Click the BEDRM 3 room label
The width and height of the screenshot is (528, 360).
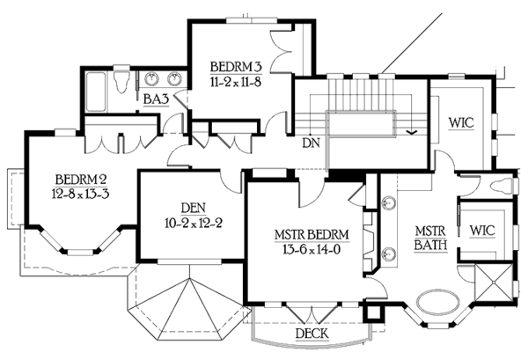point(236,67)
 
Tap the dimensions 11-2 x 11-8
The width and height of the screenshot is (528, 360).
point(236,82)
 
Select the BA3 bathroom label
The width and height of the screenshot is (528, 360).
point(156,99)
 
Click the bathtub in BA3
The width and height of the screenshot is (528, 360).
point(96,92)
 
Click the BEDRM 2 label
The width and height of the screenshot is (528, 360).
point(81,179)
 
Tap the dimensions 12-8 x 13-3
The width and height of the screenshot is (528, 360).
point(80,194)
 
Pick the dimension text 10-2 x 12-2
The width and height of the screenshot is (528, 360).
point(194,223)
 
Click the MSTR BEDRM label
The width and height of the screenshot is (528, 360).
point(312,234)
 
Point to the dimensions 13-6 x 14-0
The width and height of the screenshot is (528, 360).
point(312,249)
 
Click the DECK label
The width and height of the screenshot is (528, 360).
point(312,334)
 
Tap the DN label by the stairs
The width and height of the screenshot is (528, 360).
point(311,143)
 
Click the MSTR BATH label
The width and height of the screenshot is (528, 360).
point(430,238)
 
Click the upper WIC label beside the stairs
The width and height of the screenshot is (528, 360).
point(461,122)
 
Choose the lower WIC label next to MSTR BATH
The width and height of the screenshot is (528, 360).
point(482,231)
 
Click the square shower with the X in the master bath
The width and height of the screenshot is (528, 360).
point(494,283)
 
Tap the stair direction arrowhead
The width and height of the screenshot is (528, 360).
point(412,132)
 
